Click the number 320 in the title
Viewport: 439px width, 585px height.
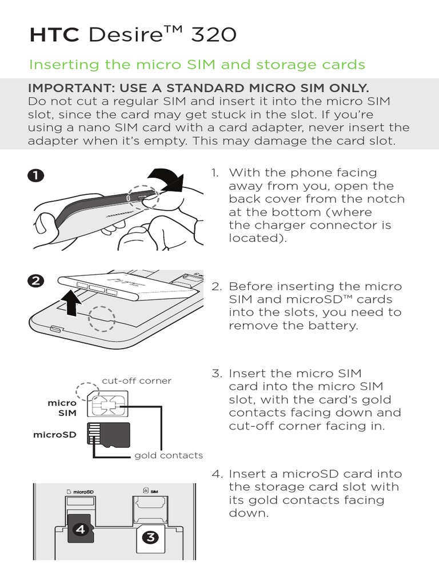coord(214,35)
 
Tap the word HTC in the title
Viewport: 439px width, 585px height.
coord(54,35)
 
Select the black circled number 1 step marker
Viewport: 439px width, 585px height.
coord(35,175)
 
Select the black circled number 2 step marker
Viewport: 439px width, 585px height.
coord(35,281)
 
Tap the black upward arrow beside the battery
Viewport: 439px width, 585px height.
coord(72,303)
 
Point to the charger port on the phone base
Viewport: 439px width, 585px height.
coord(57,329)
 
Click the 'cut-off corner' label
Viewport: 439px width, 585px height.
coord(137,381)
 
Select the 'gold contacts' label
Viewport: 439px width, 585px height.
coord(169,455)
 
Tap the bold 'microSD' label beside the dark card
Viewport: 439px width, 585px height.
coord(54,435)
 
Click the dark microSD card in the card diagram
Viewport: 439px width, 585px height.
coord(109,434)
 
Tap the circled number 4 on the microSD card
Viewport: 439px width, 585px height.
coord(80,530)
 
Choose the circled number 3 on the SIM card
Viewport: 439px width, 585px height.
coord(150,538)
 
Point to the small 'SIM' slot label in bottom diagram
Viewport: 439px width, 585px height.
coord(154,492)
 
